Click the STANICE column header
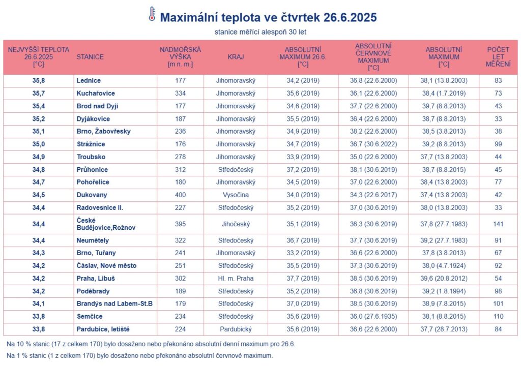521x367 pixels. click(x=90, y=57)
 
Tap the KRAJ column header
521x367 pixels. click(x=236, y=57)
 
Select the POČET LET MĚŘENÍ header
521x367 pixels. click(x=498, y=57)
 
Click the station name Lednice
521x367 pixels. click(x=89, y=81)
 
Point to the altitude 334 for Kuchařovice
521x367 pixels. click(x=180, y=94)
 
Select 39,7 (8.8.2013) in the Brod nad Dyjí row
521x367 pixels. click(x=443, y=106)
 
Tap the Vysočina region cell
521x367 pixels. click(x=236, y=195)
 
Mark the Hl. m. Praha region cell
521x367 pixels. click(x=236, y=279)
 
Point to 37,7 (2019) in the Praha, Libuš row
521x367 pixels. click(x=303, y=279)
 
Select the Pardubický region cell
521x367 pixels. click(x=236, y=329)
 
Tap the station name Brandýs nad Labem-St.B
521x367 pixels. click(x=114, y=304)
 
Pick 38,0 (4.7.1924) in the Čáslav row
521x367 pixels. click(x=443, y=266)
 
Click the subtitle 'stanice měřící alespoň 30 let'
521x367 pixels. click(x=260, y=32)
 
